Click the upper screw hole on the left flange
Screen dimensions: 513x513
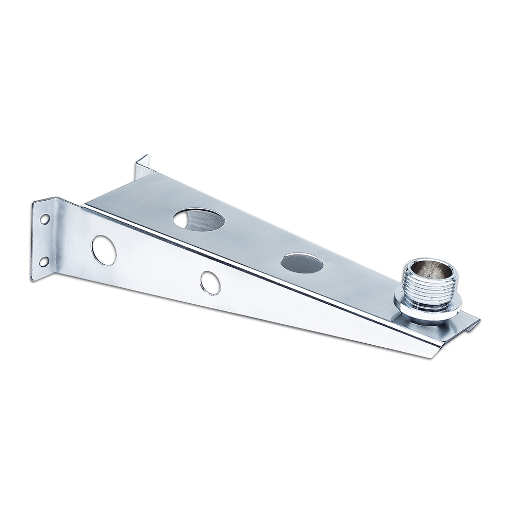[x=45, y=220]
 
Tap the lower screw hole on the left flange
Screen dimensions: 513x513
[x=45, y=262]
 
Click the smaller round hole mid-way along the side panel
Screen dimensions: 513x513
[x=210, y=283]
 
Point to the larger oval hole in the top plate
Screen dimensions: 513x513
[x=199, y=220]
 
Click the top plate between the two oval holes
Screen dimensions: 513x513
[x=251, y=241]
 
